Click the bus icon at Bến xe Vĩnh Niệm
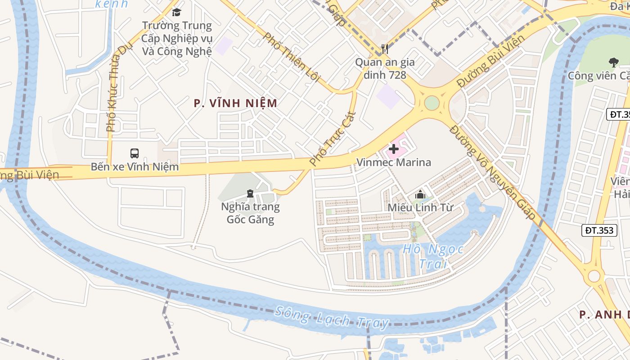tap(134, 153)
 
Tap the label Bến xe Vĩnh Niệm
tap(135, 167)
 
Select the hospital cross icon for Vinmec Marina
tap(394, 148)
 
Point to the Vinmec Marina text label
tap(394, 162)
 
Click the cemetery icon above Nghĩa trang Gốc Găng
tap(250, 193)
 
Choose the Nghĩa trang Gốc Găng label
tap(250, 213)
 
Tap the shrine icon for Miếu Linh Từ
tap(420, 194)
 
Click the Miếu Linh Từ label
tap(420, 207)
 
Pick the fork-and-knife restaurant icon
tap(384, 49)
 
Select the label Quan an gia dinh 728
tap(385, 68)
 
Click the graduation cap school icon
tap(176, 12)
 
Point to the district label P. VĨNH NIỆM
tap(235, 103)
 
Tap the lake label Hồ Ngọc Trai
tap(426, 256)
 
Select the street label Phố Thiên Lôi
tap(291, 57)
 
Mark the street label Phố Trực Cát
tap(333, 139)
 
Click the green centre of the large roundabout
tap(431, 103)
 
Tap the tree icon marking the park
tap(613, 62)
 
